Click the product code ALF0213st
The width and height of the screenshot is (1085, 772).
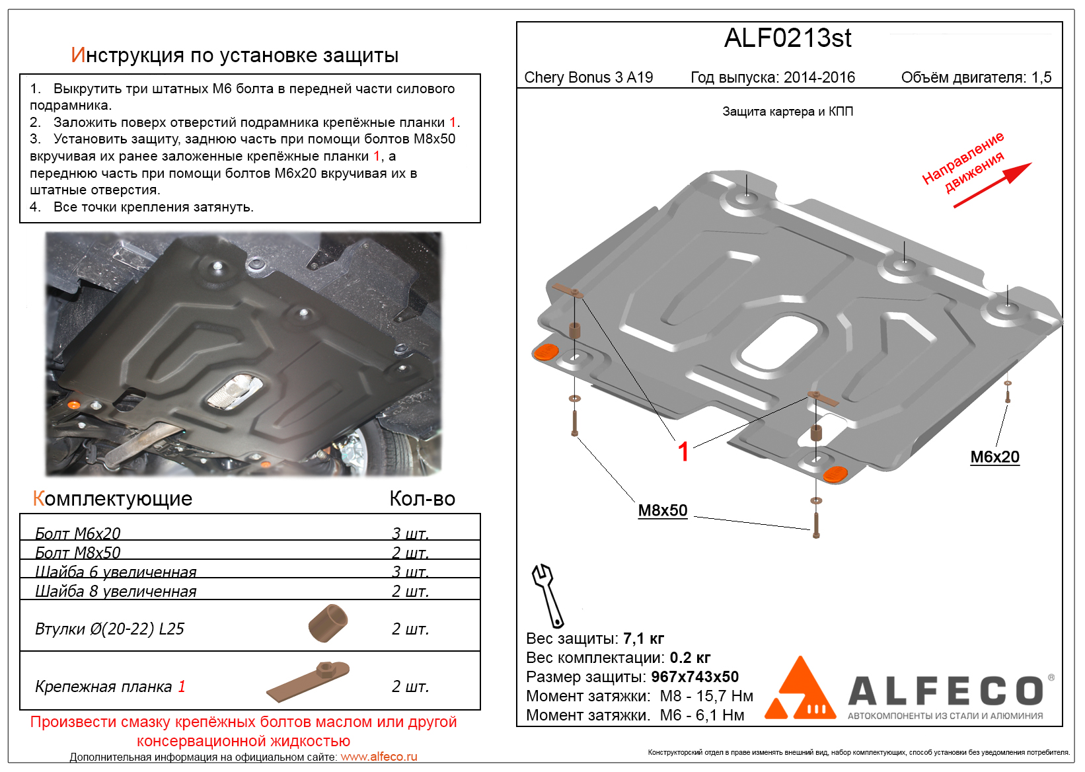[x=787, y=38]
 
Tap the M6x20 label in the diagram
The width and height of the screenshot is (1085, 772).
[x=994, y=457]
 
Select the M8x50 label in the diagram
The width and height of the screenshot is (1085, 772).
[x=662, y=510]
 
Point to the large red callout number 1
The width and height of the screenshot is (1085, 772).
[x=683, y=452]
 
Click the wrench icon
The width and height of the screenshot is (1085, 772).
[x=547, y=595]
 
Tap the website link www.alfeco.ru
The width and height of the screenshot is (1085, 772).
[x=379, y=757]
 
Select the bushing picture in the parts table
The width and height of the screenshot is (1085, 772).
[x=328, y=623]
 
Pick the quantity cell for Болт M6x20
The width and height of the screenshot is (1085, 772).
[x=410, y=533]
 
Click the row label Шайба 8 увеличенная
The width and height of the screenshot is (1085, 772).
[x=116, y=591]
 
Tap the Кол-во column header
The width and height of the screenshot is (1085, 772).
[x=422, y=498]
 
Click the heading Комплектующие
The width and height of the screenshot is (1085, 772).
[x=112, y=498]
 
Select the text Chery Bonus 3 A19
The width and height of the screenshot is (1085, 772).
[x=588, y=77]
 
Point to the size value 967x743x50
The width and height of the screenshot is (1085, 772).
[x=694, y=677]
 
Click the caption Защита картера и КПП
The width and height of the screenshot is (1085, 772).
[x=787, y=112]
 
